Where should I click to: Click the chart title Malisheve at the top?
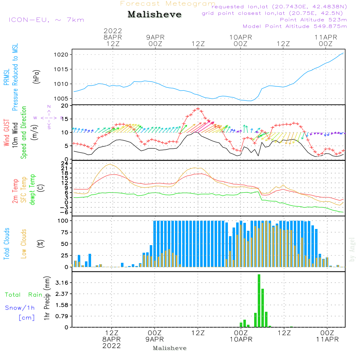154,15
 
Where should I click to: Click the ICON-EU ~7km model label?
46,20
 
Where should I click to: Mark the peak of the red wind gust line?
198,109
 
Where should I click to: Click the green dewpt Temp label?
33,190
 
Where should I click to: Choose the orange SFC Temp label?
24,190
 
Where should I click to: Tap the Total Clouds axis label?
6,244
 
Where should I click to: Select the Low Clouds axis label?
24,244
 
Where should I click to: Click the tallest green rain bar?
259,301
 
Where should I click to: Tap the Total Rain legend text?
23,295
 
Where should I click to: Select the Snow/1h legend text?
20,308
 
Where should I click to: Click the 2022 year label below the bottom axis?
112,346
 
